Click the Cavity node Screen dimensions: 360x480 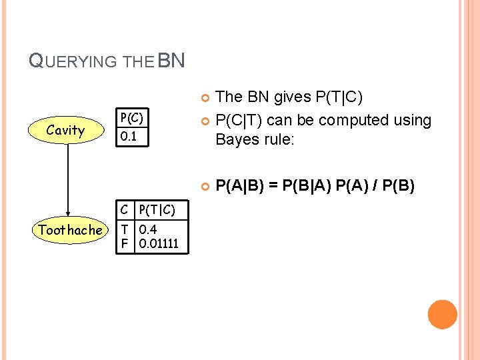pyautogui.click(x=65, y=130)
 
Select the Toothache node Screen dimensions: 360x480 pyautogui.click(x=70, y=230)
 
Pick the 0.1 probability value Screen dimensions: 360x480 pyautogui.click(x=127, y=135)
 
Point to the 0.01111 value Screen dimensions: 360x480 pyautogui.click(x=158, y=243)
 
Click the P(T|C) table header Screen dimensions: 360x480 pyautogui.click(x=157, y=211)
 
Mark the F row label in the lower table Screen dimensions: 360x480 pyautogui.click(x=124, y=243)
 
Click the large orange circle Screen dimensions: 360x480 pyautogui.click(x=442, y=315)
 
